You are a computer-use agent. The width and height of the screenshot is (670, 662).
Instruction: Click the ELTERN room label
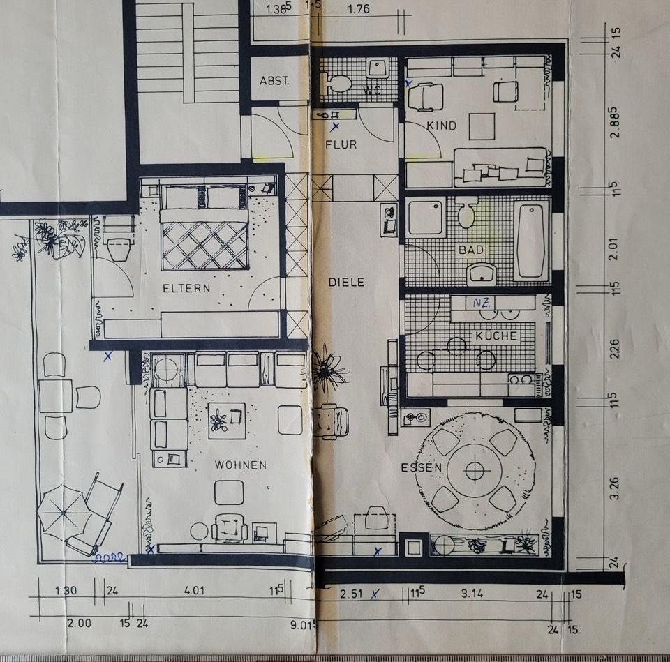click(x=186, y=287)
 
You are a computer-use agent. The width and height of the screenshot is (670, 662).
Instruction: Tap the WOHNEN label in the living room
click(x=240, y=465)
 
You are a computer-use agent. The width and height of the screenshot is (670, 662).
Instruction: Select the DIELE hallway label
click(x=347, y=283)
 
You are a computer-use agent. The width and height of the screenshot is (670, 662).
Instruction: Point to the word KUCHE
click(x=496, y=336)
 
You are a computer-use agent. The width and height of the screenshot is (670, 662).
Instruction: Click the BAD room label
click(x=470, y=249)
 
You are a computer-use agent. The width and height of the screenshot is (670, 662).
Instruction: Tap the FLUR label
click(x=341, y=145)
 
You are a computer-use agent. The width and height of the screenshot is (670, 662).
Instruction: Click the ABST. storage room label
click(x=274, y=81)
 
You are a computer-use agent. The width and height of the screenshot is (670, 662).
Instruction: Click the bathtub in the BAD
click(x=531, y=241)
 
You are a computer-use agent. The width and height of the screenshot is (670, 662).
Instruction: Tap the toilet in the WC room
click(x=338, y=84)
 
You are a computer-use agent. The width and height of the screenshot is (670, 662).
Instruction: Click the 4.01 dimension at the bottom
click(x=194, y=591)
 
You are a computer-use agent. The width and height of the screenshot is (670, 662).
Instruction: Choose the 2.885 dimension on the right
click(x=615, y=122)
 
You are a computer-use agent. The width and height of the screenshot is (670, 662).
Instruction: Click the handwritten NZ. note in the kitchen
click(x=480, y=303)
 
